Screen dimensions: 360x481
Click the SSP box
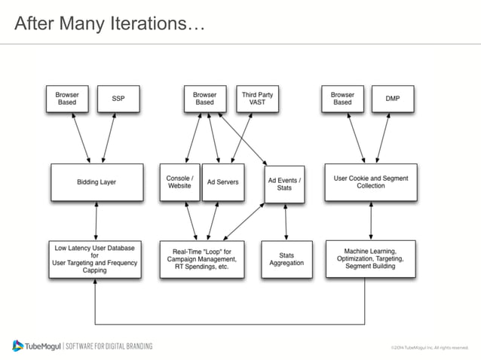(x=118, y=99)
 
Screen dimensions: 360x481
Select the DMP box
(x=393, y=99)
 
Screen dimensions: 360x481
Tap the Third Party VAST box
(x=257, y=99)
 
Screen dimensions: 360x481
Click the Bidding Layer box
(x=97, y=182)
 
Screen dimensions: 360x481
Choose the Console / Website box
(x=179, y=182)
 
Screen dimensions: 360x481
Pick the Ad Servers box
(x=223, y=182)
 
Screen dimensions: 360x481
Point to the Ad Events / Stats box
(x=284, y=183)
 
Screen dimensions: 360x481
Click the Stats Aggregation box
(x=284, y=259)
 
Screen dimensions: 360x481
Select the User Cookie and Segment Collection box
(x=370, y=182)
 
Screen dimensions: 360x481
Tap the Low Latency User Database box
(x=95, y=259)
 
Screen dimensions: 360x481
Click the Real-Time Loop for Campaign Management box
(x=202, y=259)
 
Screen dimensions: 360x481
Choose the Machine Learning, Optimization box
(x=369, y=259)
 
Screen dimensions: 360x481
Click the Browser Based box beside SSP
(x=67, y=99)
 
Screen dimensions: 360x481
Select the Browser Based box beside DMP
(x=342, y=99)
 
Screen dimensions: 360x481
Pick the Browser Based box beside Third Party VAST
(x=204, y=99)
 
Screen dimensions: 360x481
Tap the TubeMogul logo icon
(x=18, y=346)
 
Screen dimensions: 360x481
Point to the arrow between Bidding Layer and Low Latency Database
(x=97, y=221)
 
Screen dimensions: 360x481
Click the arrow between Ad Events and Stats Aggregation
(x=284, y=221)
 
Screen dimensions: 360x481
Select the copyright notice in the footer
(x=428, y=348)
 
